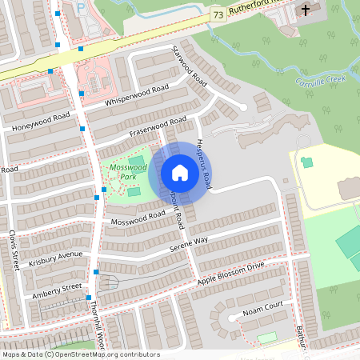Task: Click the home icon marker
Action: click(x=180, y=172)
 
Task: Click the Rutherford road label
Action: click(x=253, y=10)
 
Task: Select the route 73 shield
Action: click(x=218, y=15)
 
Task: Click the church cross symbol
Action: click(x=305, y=10)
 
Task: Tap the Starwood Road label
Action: click(x=190, y=66)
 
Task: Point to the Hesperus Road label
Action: click(x=203, y=159)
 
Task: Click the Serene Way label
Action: click(x=189, y=245)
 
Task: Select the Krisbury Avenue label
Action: click(x=56, y=260)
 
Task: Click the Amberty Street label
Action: click(x=57, y=290)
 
